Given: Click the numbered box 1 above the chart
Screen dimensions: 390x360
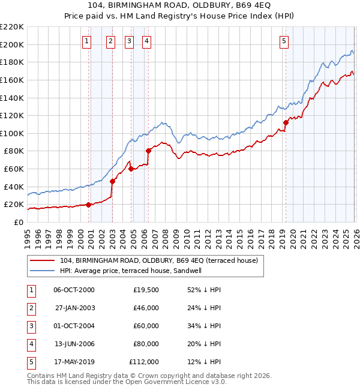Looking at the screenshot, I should [87, 41].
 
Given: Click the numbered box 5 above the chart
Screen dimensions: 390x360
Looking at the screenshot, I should [284, 41].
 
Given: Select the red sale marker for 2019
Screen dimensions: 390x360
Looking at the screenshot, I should [286, 123].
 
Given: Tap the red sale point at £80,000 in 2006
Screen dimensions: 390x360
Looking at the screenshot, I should [148, 151].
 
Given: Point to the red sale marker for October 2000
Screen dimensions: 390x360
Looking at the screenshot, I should [89, 205].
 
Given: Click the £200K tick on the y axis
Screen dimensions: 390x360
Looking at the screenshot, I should [12, 44].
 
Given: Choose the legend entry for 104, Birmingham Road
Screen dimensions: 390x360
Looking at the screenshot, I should [158, 260].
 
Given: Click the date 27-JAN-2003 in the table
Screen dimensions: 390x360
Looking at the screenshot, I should [74, 308].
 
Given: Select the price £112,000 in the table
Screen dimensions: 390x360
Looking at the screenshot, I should [144, 362].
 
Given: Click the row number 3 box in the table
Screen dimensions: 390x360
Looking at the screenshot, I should [30, 326].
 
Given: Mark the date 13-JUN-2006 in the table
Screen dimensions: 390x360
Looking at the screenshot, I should [74, 344].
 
